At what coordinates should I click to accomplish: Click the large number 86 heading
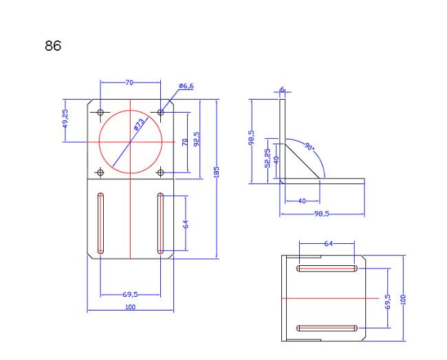53,45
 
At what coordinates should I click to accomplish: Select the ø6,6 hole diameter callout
186,86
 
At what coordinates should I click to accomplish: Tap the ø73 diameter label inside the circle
140,124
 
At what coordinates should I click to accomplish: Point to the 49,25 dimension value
65,119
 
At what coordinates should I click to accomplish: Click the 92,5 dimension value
197,139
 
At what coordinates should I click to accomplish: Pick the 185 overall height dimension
216,172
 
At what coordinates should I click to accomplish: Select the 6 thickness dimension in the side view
282,89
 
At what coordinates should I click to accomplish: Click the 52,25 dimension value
268,158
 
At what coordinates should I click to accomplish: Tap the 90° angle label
309,146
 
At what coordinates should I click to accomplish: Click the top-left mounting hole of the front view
100,112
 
